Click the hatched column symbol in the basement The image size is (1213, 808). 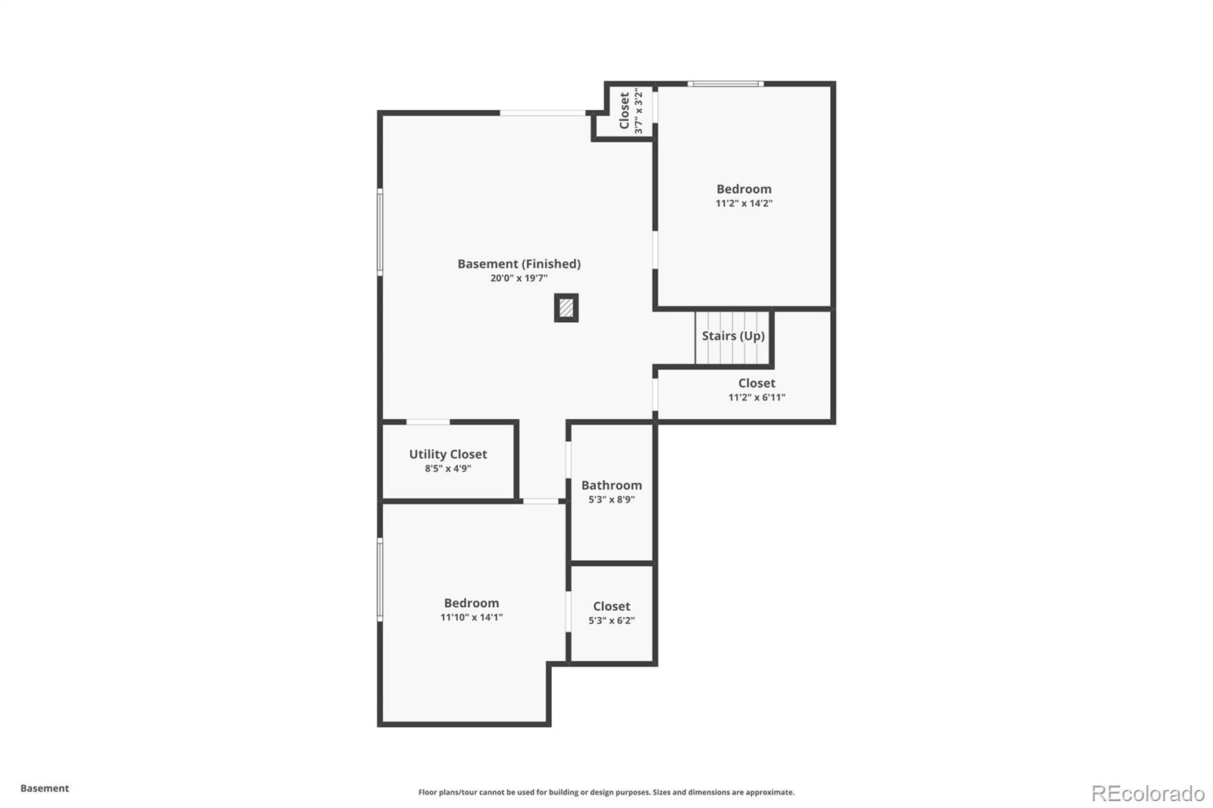pos(566,308)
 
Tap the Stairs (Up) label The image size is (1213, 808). pos(733,336)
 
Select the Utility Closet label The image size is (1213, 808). pos(448,454)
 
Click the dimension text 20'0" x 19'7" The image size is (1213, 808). pos(519,278)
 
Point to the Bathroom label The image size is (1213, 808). pos(611,485)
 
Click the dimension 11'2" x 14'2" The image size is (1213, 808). pos(744,203)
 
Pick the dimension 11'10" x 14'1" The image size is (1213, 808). pos(472,617)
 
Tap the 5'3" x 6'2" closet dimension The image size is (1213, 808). pos(611,621)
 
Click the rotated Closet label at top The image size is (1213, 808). pos(624,111)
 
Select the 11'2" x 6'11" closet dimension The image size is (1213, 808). pos(757,397)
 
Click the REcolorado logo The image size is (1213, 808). pos(1148,794)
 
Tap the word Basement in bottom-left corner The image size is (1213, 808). pos(45,788)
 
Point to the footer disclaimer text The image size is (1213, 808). pos(606,792)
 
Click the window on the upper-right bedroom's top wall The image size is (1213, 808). pos(725,83)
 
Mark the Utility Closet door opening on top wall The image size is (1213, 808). pos(428,421)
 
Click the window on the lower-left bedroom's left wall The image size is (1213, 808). pos(380,580)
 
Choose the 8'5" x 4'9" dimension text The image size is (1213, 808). pos(448,468)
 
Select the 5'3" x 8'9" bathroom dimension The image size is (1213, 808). pos(611,500)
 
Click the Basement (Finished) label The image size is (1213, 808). pos(519,264)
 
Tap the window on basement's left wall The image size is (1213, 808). pos(380,231)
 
